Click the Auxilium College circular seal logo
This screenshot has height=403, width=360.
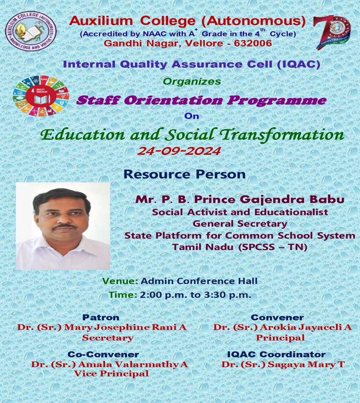(31, 31)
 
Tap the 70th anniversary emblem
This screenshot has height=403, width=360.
(332, 32)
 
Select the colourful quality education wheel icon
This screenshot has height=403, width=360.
(41, 96)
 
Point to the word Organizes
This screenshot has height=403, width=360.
(192, 81)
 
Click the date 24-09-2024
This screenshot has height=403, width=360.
(179, 150)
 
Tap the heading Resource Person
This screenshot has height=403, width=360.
(185, 174)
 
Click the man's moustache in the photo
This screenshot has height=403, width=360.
(64, 227)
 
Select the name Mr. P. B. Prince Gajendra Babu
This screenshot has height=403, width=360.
(240, 200)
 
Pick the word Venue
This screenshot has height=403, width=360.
(120, 281)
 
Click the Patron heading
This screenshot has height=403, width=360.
(100, 318)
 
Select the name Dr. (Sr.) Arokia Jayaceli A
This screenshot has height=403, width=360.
(282, 327)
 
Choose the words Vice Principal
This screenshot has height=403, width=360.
(112, 373)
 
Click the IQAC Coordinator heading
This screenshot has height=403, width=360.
(276, 354)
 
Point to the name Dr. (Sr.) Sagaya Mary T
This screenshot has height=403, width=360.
(283, 364)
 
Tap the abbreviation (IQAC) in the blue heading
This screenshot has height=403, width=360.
(299, 64)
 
